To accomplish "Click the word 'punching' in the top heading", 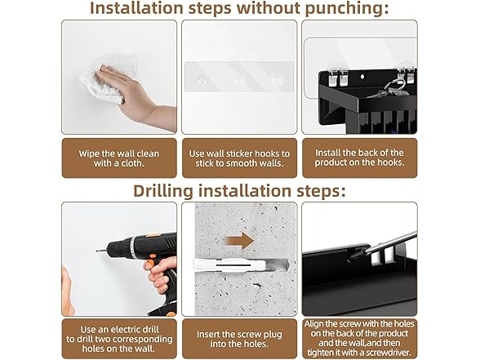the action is [x=347, y=8].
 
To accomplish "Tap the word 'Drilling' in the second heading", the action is [x=163, y=191].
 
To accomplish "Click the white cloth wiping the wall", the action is [x=104, y=80].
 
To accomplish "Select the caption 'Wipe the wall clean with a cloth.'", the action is [x=119, y=158].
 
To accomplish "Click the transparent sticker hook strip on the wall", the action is [x=239, y=77].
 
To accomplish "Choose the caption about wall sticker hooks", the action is [x=239, y=158].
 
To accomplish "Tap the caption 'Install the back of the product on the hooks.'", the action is [x=359, y=158].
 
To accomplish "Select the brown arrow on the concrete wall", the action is [x=238, y=240].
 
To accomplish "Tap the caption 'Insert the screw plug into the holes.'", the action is [x=239, y=339].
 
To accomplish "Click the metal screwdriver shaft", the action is [x=392, y=242].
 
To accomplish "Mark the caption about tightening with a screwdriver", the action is [x=359, y=338].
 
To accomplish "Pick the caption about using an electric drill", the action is [x=119, y=339].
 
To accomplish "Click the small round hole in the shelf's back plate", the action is [x=362, y=76].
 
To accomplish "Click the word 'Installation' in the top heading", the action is [x=137, y=8].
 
